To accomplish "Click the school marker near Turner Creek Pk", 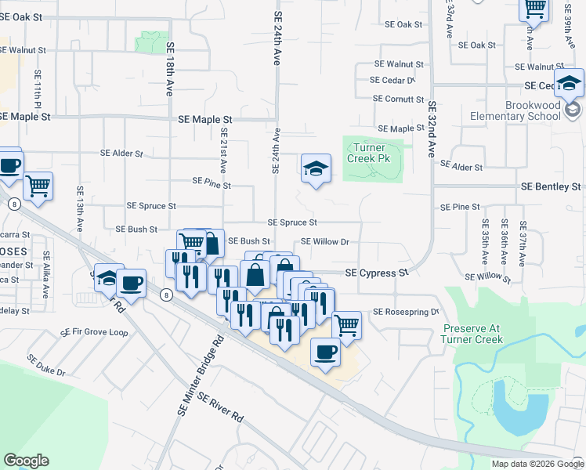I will click(316, 168).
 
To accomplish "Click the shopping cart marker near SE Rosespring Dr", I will click(345, 324).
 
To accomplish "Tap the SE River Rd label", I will click(220, 408).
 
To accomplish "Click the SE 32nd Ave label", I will click(431, 128).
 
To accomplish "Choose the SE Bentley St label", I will click(552, 187).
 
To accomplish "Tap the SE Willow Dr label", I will click(324, 242).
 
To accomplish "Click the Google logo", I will click(26, 461).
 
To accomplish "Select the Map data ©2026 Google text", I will click(537, 464).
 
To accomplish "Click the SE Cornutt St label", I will click(398, 99).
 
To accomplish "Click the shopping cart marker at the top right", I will click(534, 9).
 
